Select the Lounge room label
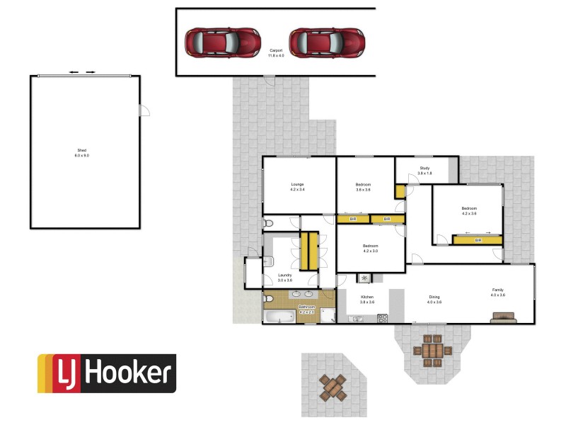(297, 186)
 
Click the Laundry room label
(285, 277)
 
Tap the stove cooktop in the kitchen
(382, 318)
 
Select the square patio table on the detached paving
(332, 387)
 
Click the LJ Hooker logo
(106, 373)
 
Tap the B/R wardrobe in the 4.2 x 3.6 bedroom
(478, 240)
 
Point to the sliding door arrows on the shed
(81, 72)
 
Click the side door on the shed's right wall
(144, 110)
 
